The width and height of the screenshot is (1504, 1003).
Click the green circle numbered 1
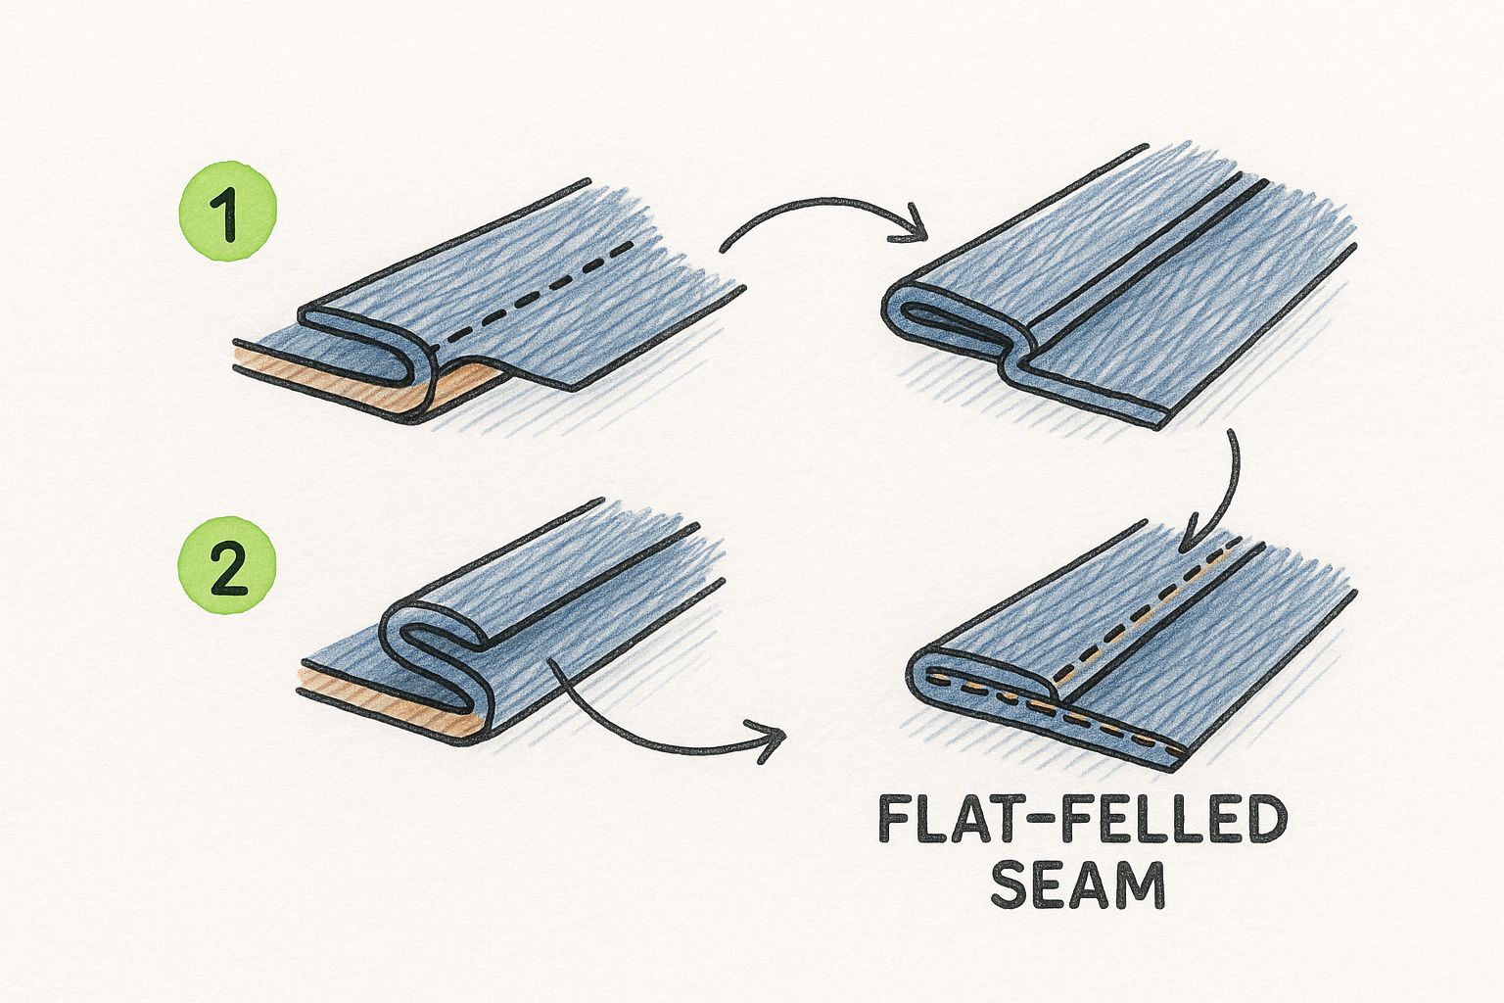tap(227, 211)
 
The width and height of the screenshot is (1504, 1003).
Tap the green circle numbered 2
tap(227, 565)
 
